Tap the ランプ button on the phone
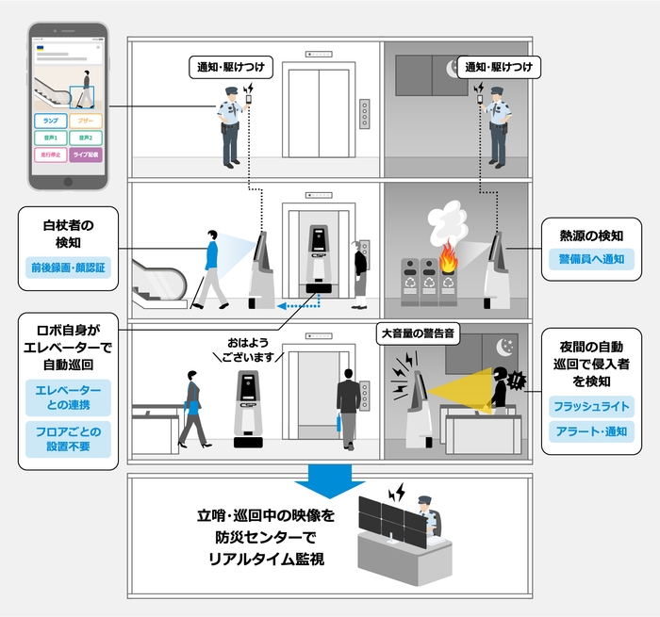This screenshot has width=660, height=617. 50,122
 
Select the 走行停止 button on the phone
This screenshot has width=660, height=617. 50,155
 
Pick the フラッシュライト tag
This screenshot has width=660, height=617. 592,407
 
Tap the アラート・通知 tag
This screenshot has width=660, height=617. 592,431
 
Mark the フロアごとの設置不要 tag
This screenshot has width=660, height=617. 68,440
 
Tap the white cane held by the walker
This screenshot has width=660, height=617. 199,288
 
